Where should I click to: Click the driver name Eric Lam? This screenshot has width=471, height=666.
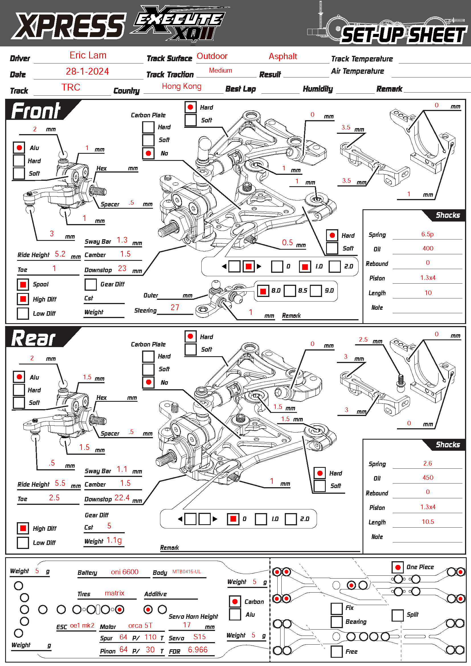pyautogui.click(x=88, y=56)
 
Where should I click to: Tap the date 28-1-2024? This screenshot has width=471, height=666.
pyautogui.click(x=87, y=71)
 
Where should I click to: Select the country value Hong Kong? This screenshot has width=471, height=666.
pyautogui.click(x=182, y=87)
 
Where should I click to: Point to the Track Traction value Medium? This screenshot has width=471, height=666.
pyautogui.click(x=220, y=71)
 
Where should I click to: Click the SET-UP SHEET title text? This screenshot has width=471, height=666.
pyautogui.click(x=404, y=35)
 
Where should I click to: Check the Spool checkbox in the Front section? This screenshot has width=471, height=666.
pyautogui.click(x=23, y=284)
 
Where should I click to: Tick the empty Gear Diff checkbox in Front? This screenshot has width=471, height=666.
pyautogui.click(x=91, y=284)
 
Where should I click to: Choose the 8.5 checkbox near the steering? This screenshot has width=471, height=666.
pyautogui.click(x=289, y=291)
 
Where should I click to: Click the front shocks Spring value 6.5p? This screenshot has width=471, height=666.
pyautogui.click(x=427, y=234)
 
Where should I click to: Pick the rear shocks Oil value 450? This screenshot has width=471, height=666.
pyautogui.click(x=428, y=478)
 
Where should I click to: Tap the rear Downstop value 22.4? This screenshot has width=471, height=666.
pyautogui.click(x=122, y=498)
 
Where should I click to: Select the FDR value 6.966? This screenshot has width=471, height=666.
pyautogui.click(x=198, y=650)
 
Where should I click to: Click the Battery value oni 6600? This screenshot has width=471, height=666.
pyautogui.click(x=124, y=572)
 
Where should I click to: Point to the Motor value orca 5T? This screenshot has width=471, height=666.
pyautogui.click(x=140, y=626)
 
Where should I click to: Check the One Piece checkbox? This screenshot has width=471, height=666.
pyautogui.click(x=398, y=567)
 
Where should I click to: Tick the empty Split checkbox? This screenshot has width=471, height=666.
pyautogui.click(x=397, y=615)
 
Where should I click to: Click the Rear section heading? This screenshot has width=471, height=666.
pyautogui.click(x=34, y=338)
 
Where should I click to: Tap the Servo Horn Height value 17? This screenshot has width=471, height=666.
pyautogui.click(x=187, y=625)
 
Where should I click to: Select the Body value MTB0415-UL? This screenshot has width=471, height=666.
pyautogui.click(x=187, y=572)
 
